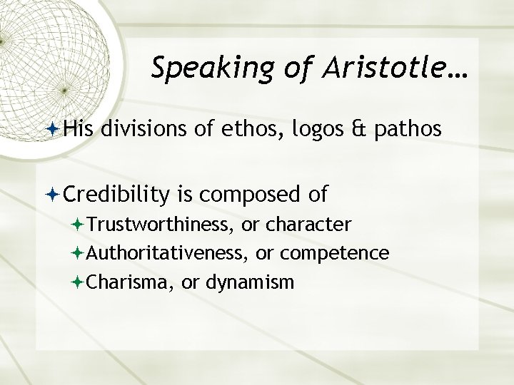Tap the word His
coord(79,129)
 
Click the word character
coord(308,225)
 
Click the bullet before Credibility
coord(56,193)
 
